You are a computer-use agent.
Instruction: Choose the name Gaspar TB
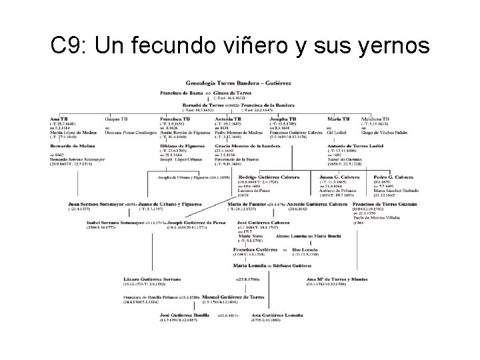pos(115,119)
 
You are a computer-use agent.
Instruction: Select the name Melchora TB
pos(375,119)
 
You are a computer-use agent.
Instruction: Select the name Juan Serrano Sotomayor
pos(95,203)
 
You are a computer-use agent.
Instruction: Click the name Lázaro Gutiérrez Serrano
pos(155,278)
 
